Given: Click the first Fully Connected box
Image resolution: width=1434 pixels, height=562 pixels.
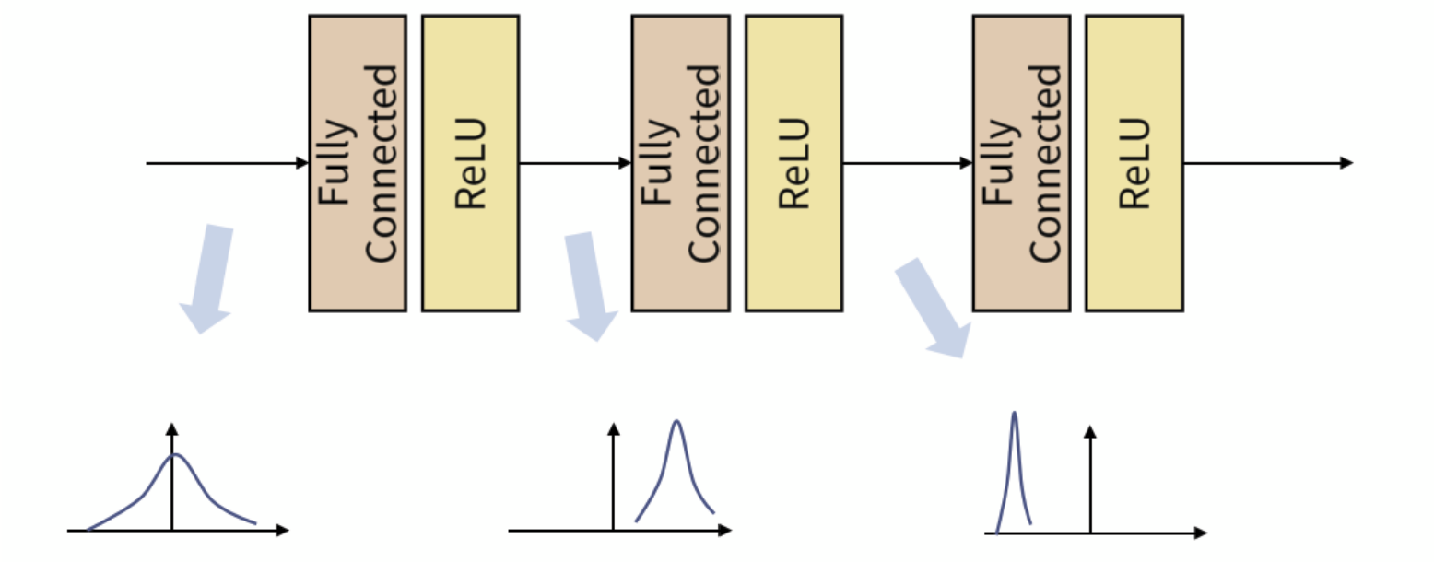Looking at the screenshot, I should point(358,163).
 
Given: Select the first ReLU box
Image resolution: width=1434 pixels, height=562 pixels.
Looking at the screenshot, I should point(470,163).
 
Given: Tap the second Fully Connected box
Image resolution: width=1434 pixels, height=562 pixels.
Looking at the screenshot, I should point(680,163).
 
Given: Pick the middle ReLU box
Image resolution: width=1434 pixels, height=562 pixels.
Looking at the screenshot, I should point(793,163).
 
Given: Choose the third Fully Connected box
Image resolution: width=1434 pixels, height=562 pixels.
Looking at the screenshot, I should point(1021,163).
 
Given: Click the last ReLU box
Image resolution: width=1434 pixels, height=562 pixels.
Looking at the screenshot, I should point(1134,163).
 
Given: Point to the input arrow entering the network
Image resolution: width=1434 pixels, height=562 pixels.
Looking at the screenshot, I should point(226,163).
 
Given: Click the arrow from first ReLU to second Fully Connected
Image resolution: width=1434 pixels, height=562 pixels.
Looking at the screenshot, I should point(574,163).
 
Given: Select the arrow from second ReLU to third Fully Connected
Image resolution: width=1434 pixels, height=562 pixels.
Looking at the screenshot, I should point(907,163).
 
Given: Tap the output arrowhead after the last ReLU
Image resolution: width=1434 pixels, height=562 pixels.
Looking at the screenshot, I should point(1346,163).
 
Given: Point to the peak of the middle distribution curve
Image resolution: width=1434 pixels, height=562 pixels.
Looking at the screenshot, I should point(676,422).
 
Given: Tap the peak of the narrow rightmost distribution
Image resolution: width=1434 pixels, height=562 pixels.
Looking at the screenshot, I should point(1014,413).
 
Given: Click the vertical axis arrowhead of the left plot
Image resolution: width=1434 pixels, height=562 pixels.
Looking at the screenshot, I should point(171,428).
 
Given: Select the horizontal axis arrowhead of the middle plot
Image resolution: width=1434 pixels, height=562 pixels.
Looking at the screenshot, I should point(725,531).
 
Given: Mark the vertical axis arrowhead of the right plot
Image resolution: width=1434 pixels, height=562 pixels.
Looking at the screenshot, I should point(1089,431).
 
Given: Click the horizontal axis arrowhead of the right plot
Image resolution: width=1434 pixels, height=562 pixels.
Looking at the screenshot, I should point(1200,533).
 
